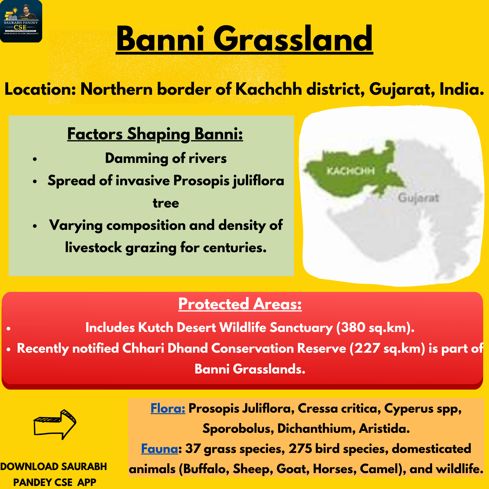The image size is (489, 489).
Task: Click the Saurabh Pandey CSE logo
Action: coord(21,21)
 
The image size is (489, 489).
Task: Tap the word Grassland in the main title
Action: coord(293,39)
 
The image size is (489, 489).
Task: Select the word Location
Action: coord(40,89)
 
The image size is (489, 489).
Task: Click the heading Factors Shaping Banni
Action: coord(155,134)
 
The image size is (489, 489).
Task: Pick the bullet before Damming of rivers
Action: coord(35,159)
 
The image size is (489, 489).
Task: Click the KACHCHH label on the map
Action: coord(351,171)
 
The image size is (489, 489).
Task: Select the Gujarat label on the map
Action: coord(418,198)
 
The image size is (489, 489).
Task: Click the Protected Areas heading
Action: coord(240,304)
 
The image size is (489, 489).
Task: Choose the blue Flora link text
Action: coord(168,408)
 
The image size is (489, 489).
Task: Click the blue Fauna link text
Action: coord(160,449)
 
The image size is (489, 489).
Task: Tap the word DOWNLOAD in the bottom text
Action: coord(29,467)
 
